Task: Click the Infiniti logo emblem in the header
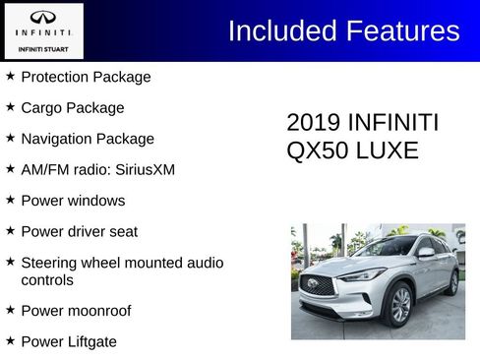43,18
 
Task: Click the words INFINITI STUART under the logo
43,48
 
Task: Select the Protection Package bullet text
86,77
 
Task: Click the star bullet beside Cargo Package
10,106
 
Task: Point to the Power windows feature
73,201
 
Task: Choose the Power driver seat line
79,231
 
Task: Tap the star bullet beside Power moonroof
10,310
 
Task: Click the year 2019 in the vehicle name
311,123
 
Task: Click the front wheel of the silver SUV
401,305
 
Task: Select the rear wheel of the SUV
453,283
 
